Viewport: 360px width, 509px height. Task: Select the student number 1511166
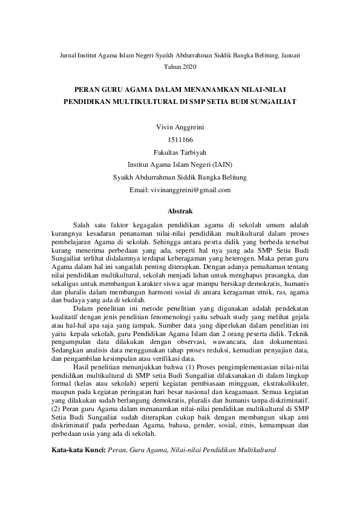(x=180, y=140)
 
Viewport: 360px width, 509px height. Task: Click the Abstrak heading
(x=180, y=212)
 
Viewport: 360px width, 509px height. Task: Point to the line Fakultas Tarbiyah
(x=180, y=152)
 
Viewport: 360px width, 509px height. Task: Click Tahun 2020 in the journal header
(x=180, y=65)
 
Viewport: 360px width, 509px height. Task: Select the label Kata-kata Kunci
(x=78, y=450)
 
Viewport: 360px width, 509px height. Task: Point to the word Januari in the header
(x=290, y=54)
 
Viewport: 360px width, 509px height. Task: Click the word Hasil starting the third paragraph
(x=82, y=366)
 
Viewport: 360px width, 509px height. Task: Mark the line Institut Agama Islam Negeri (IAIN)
(x=180, y=165)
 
